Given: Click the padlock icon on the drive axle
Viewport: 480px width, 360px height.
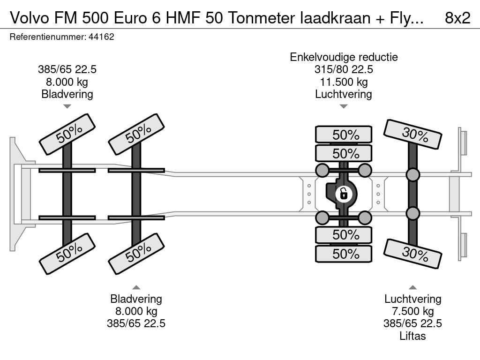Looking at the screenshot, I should pos(344,193).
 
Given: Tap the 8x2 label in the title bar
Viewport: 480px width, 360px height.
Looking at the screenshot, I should pos(457,18).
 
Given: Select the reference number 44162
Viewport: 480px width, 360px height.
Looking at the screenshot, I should pos(101,37).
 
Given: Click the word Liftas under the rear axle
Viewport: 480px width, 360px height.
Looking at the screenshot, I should pos(412,336).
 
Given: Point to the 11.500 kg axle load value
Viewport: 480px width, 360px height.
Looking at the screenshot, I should pos(344,82).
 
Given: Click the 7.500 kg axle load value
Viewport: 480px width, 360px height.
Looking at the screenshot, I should pos(412,311).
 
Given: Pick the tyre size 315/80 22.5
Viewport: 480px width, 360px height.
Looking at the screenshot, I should pos(344,70).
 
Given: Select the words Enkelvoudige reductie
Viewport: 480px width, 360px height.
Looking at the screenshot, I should pos(344,57).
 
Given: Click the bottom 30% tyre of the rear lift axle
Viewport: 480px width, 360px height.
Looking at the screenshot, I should pos(413,254).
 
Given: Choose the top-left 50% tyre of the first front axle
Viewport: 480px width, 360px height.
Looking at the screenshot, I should pos(67,134).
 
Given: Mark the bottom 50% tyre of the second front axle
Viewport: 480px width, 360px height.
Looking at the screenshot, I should pos(136,254).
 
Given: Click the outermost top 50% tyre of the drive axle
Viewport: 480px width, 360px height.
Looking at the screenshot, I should pos(344,135).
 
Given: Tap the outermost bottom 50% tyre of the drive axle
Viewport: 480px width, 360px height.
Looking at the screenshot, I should pos(344,254).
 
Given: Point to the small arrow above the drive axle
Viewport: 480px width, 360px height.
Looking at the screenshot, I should pos(344,106).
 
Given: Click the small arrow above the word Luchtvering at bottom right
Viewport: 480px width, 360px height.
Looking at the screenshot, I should pos(412,287).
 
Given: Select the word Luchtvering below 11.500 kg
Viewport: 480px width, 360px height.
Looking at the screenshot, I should pos(344,94).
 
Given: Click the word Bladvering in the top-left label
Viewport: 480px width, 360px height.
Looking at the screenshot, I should pos(67,94).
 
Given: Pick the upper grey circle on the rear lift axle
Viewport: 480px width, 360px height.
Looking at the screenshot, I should pos(412,175).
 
